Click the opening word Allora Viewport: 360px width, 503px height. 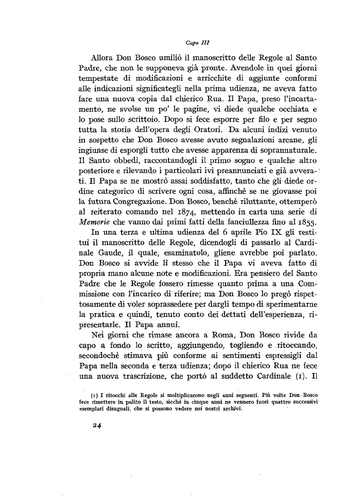[105, 56]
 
